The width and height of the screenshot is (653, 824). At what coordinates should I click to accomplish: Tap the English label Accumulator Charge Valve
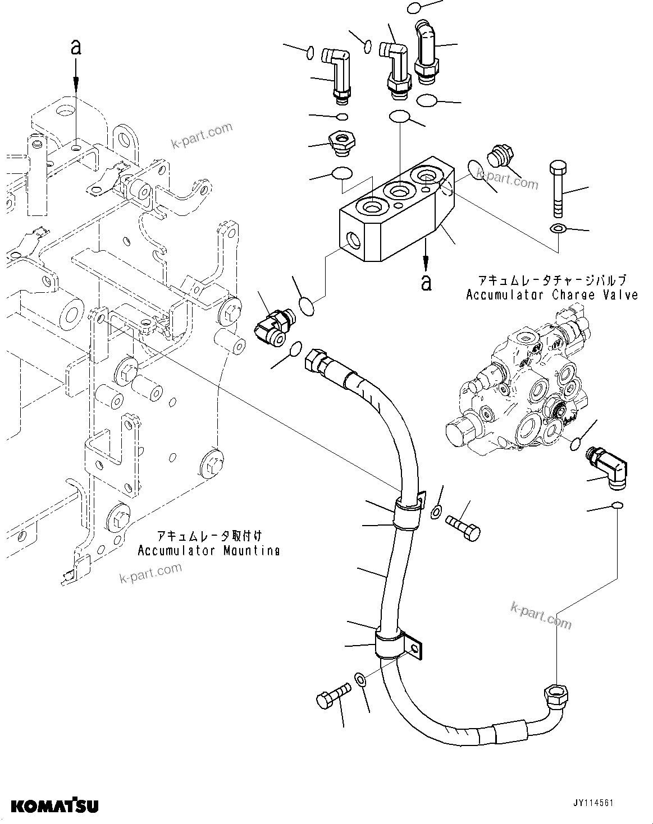tap(552, 294)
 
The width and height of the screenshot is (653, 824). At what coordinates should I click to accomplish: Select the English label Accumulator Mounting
tap(208, 550)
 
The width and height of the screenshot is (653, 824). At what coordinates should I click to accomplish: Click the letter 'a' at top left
tap(76, 48)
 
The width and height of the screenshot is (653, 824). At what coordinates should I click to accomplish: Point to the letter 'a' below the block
tap(427, 282)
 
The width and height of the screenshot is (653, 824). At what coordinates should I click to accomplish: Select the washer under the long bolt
tap(558, 228)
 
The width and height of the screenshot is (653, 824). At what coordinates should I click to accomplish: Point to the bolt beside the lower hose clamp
tap(332, 694)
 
